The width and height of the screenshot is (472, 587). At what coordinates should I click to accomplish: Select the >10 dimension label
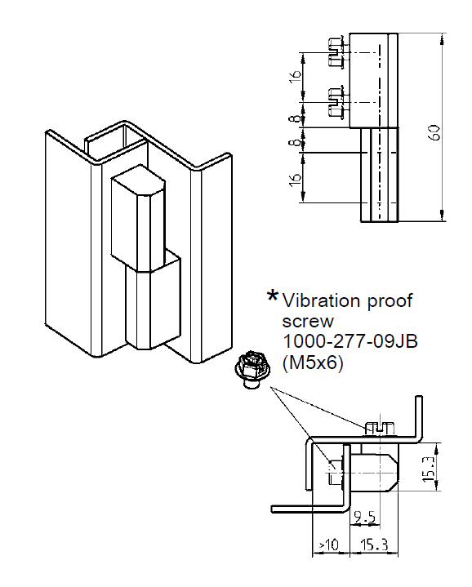pos(327,545)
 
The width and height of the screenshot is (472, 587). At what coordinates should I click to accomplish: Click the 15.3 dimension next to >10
pos(372,545)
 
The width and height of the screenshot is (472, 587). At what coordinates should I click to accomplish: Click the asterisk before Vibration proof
pos(272,297)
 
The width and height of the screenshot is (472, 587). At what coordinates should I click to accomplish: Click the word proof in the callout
pos(388,300)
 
